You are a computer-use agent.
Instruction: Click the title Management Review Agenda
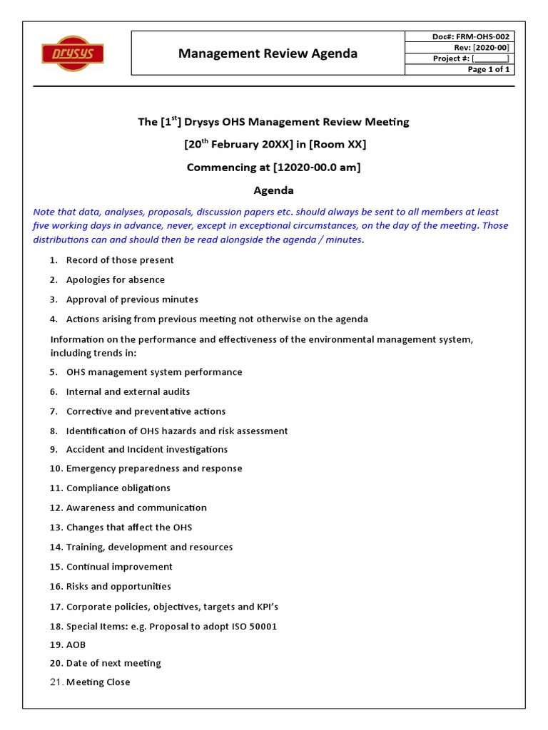[x=268, y=53]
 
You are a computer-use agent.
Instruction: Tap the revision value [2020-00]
[x=492, y=47]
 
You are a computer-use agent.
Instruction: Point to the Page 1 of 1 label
[x=488, y=69]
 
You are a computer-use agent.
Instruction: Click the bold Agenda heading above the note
[x=274, y=190]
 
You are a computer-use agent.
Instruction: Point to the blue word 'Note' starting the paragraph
[x=44, y=212]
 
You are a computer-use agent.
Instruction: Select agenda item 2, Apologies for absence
[x=115, y=279]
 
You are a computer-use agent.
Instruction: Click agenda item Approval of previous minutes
[x=132, y=299]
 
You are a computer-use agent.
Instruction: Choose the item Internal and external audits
[x=128, y=391]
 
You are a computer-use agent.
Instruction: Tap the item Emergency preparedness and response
[x=154, y=468]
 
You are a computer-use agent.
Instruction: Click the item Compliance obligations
[x=118, y=488]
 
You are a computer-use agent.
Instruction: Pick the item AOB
[x=76, y=644]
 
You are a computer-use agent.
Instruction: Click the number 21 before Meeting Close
[x=56, y=682]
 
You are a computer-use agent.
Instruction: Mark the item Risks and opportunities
[x=118, y=587]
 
